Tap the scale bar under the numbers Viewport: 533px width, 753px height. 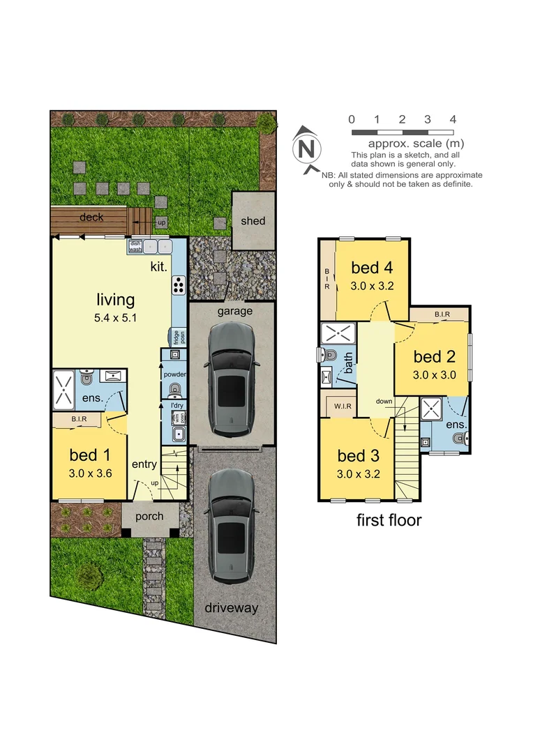[x=402, y=132]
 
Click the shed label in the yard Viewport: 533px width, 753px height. [x=253, y=221]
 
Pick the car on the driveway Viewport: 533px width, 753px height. [x=231, y=527]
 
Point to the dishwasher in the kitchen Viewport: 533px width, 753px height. [x=135, y=246]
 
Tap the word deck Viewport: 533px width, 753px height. [x=91, y=218]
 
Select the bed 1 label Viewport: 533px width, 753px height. [x=89, y=456]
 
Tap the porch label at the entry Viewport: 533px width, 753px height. [x=149, y=517]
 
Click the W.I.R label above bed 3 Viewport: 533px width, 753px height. [x=342, y=405]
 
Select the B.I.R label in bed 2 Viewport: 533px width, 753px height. [x=442, y=315]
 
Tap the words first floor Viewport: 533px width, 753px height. [x=389, y=519]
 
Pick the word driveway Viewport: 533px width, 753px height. [x=231, y=608]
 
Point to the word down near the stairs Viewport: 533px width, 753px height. [x=384, y=402]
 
